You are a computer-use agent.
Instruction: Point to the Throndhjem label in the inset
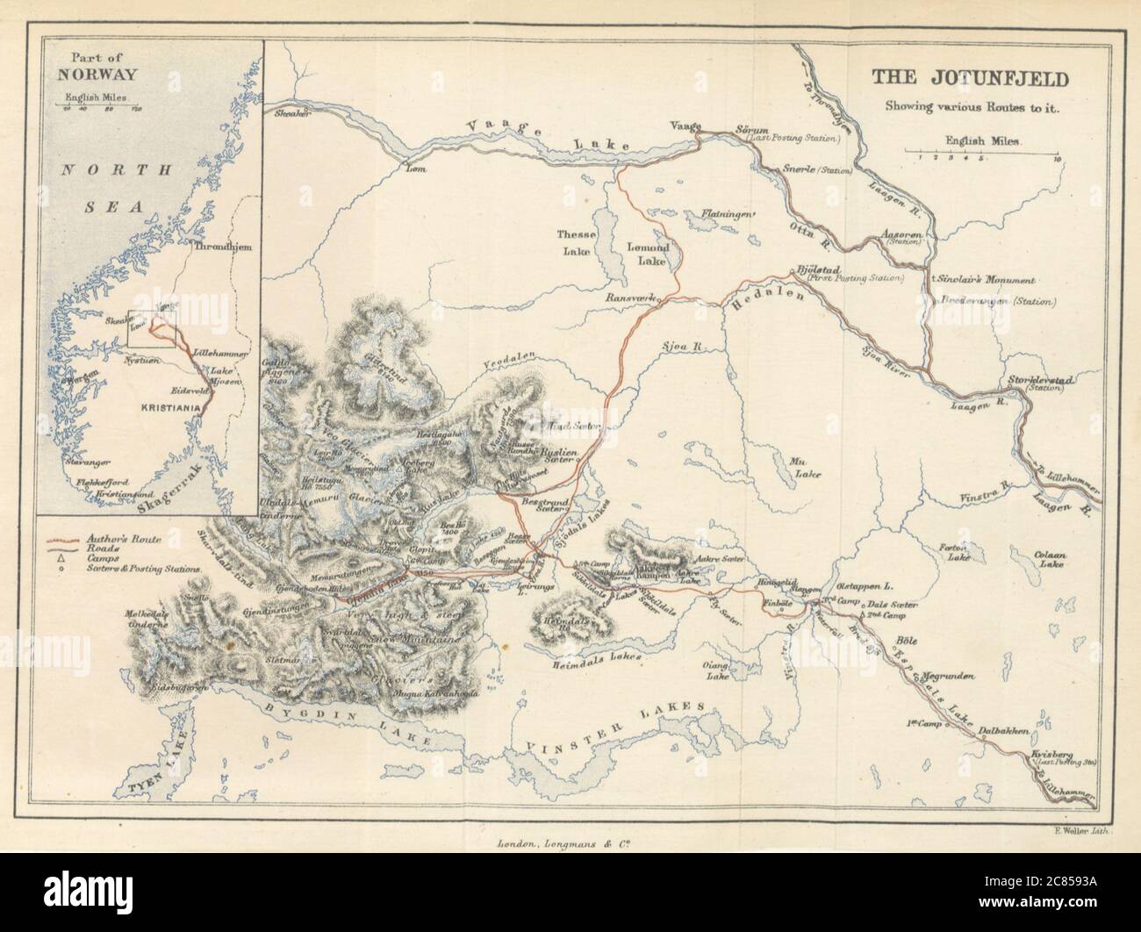pyautogui.click(x=222, y=247)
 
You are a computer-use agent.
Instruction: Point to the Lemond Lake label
pyautogui.click(x=648, y=255)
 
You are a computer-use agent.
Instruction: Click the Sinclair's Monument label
pyautogui.click(x=987, y=281)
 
